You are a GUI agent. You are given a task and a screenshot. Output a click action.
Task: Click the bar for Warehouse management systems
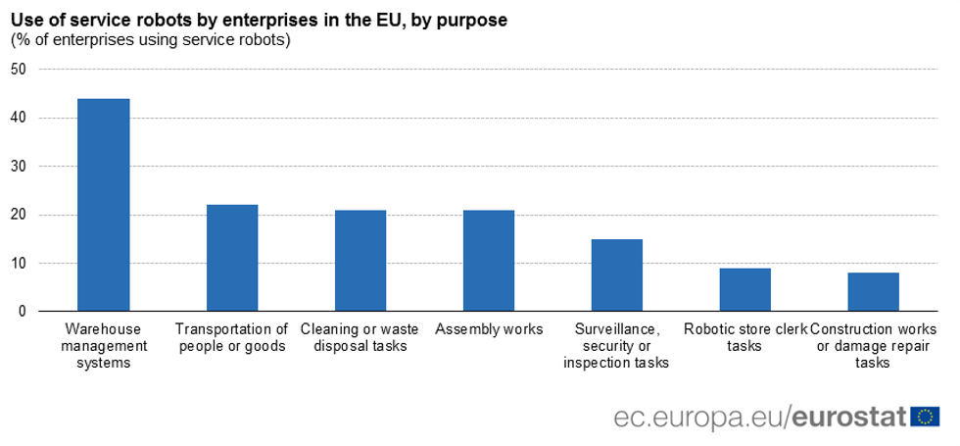point(104,205)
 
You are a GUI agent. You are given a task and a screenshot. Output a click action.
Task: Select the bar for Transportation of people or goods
point(232,258)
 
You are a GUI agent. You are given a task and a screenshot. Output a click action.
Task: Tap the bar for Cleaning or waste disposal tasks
point(360,261)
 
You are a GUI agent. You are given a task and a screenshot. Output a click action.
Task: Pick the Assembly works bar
point(489,261)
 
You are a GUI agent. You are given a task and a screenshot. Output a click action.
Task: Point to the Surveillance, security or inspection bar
point(617,275)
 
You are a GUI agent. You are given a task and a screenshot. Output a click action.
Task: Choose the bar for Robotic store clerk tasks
point(745,290)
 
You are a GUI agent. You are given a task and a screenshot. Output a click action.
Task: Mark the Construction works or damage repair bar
point(874,292)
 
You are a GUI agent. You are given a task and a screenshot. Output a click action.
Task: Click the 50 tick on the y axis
point(18,70)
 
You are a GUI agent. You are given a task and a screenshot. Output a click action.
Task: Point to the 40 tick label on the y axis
point(18,118)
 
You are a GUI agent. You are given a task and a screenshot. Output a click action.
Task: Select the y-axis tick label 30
point(18,167)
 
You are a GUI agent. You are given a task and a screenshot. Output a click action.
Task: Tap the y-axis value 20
point(18,215)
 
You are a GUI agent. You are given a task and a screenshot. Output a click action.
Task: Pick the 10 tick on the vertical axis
point(18,263)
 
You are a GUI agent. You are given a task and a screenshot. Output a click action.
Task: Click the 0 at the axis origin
point(22,312)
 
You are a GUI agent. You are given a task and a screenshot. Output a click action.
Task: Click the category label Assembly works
point(489,329)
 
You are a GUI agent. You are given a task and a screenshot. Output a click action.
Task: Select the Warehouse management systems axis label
point(104,346)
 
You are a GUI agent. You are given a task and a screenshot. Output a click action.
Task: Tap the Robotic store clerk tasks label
point(745,337)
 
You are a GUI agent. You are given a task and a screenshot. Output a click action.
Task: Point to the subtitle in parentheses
point(151,40)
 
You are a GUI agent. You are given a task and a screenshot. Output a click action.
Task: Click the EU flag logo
point(925,417)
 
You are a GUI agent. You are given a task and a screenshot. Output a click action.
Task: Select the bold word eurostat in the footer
point(848,417)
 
